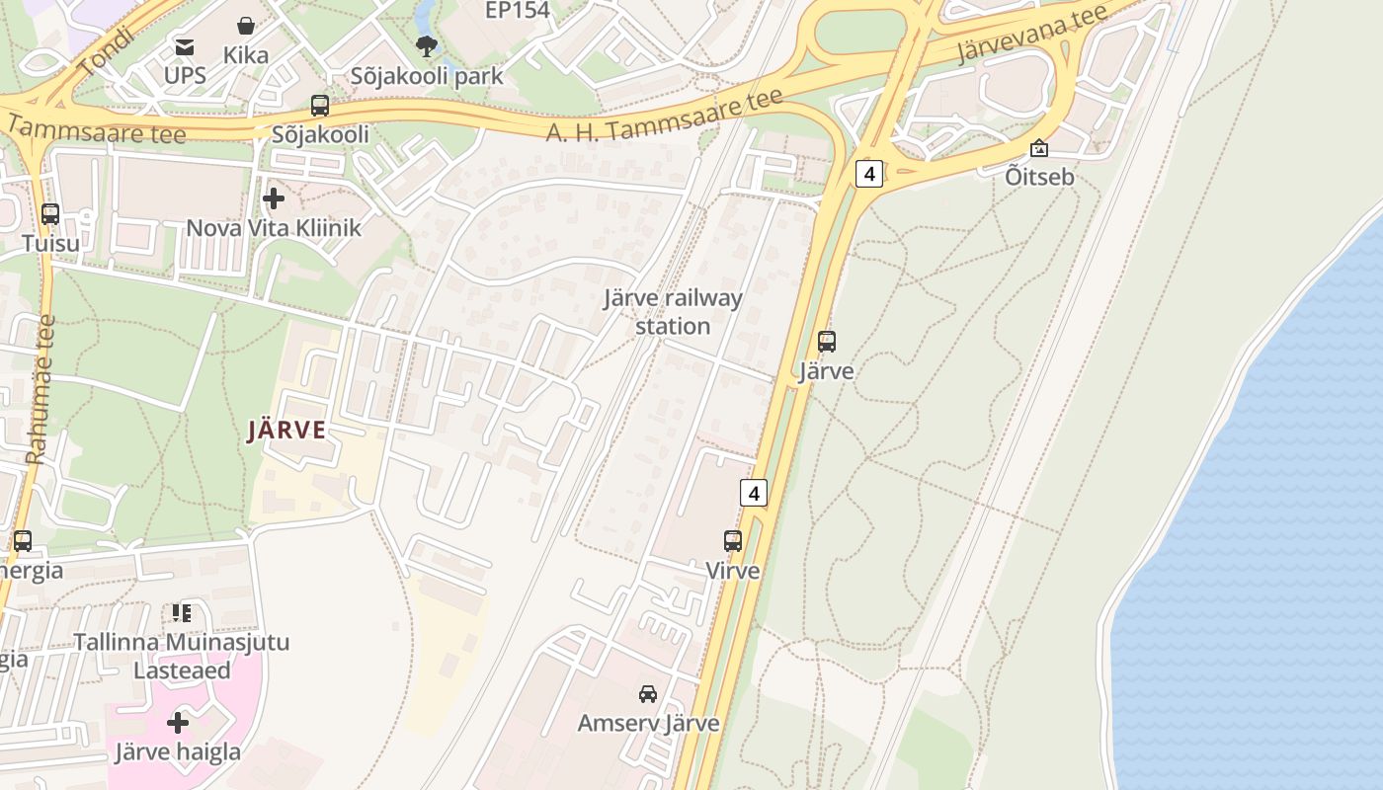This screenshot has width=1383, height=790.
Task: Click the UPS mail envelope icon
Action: click(185, 46)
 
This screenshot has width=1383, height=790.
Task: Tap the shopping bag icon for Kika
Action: click(245, 26)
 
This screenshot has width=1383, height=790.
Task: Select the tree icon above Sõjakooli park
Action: click(427, 45)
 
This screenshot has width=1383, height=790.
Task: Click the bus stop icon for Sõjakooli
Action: click(319, 105)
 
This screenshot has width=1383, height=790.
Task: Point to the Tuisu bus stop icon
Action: click(49, 213)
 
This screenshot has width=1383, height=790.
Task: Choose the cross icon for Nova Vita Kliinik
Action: click(274, 198)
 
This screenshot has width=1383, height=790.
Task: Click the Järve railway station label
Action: click(673, 311)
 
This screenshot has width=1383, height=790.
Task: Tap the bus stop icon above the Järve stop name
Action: click(826, 342)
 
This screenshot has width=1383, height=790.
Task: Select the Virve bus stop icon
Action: click(732, 540)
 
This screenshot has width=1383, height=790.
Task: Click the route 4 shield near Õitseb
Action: click(868, 174)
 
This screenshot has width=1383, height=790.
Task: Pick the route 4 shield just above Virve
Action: click(754, 492)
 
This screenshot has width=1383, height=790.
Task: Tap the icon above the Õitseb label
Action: click(1038, 148)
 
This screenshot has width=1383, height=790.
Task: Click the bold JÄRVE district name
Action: click(286, 430)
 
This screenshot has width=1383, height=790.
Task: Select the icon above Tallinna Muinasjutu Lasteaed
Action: click(181, 613)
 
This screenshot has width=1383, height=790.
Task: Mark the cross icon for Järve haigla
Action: click(178, 723)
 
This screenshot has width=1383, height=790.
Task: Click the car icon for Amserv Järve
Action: click(648, 693)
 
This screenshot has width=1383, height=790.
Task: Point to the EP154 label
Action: click(518, 11)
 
